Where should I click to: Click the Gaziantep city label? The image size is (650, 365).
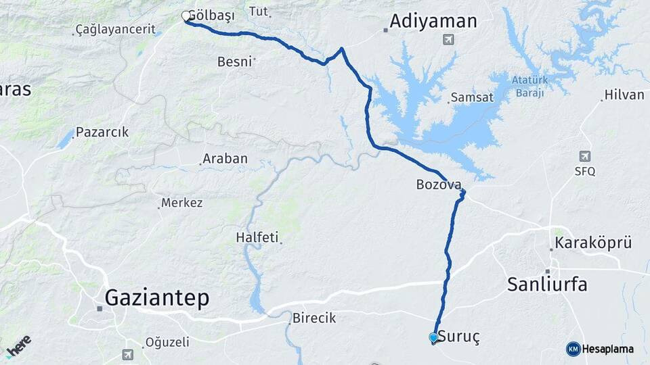[157, 297]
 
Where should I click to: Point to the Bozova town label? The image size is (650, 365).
[439, 184]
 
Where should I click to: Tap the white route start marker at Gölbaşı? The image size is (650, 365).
[187, 16]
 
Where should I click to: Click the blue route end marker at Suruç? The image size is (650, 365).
[433, 337]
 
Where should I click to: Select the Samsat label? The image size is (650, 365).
[474, 98]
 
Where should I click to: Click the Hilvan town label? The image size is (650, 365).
[624, 95]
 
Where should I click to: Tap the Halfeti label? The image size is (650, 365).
[257, 237]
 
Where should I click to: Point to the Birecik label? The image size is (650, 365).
[313, 318]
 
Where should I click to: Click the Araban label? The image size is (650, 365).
[225, 159]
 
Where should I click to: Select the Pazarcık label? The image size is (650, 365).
[102, 132]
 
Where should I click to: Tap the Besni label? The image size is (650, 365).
[234, 62]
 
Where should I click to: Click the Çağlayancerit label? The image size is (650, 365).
[115, 30]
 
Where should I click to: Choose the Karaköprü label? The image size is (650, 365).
[593, 243]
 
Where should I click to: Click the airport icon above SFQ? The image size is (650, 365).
[585, 157]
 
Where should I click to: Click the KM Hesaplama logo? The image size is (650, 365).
[600, 349]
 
